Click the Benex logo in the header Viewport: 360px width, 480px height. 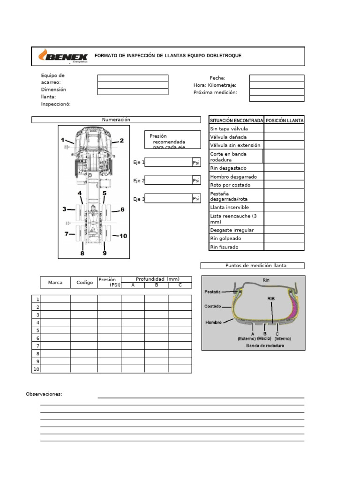[x=62, y=56]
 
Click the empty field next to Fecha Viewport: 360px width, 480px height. [x=277, y=78]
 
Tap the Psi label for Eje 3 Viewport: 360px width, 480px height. [x=196, y=199]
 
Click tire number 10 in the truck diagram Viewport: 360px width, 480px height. [x=123, y=236]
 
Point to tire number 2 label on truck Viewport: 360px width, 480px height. [x=121, y=140]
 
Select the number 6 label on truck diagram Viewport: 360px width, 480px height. [x=122, y=210]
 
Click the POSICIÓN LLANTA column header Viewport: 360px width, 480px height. [x=284, y=120]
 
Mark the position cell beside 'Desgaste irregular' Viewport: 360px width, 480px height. [x=284, y=230]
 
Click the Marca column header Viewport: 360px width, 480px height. [x=55, y=282]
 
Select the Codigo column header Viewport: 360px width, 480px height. [x=84, y=282]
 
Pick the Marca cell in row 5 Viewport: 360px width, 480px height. [x=55, y=330]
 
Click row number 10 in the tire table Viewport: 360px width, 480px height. [x=36, y=369]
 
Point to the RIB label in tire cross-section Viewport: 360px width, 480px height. [x=271, y=298]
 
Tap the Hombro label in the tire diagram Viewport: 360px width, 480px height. [x=213, y=322]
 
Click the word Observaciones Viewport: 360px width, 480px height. [x=44, y=394]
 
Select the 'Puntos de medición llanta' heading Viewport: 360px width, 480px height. [x=252, y=265]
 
